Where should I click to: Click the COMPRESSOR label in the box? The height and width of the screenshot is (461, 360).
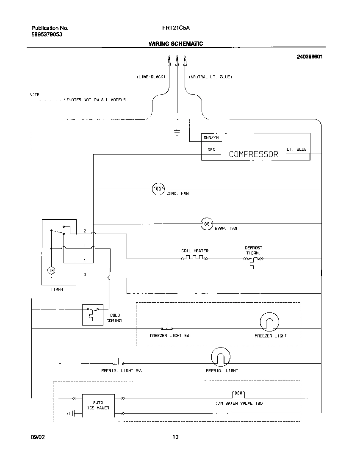[253, 154]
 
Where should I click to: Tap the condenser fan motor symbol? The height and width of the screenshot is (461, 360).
[158, 189]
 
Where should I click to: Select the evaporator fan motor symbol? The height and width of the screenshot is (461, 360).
[206, 224]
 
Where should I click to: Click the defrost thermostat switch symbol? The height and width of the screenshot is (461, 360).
[253, 260]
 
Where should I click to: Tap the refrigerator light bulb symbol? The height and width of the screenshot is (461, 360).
[220, 357]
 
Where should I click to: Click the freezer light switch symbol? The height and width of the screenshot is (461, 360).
[166, 328]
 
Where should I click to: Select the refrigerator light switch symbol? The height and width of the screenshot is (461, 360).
[118, 362]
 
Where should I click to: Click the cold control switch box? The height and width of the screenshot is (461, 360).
[93, 315]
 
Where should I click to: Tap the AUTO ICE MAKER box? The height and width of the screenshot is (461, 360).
[98, 405]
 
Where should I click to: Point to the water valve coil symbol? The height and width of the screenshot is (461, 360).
[238, 393]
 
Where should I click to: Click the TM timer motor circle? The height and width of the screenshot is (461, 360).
[51, 270]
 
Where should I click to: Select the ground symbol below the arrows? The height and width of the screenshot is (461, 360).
[177, 134]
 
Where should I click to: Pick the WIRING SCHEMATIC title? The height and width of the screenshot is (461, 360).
[175, 44]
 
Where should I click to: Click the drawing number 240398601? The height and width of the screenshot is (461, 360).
[310, 56]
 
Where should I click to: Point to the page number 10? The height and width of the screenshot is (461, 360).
[175, 437]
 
